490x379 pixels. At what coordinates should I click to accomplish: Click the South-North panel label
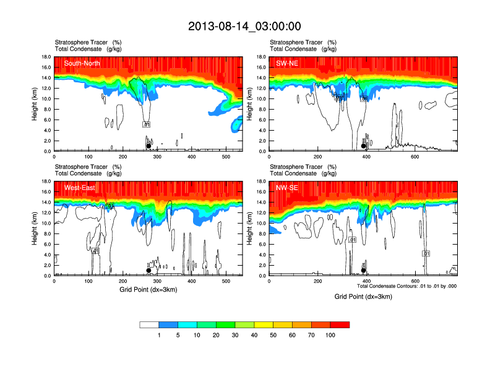[x=82, y=63]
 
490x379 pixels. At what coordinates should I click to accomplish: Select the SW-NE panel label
[x=287, y=63]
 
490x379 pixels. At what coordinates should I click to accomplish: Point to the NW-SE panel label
[x=286, y=188]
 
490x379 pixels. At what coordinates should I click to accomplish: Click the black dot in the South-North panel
[x=148, y=146]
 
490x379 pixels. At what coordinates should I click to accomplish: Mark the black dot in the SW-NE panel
[x=364, y=146]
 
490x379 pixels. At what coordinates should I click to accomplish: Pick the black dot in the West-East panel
[x=148, y=271]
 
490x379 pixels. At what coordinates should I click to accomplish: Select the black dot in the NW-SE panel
[x=364, y=271]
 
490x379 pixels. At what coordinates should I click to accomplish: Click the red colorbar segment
[x=340, y=325]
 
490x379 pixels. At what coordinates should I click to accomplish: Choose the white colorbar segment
[x=150, y=325]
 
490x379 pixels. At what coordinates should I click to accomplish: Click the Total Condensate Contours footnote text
[x=407, y=286]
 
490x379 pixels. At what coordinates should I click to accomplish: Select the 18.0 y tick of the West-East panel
[x=46, y=181]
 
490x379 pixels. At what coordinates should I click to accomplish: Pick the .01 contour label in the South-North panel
[x=147, y=124]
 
